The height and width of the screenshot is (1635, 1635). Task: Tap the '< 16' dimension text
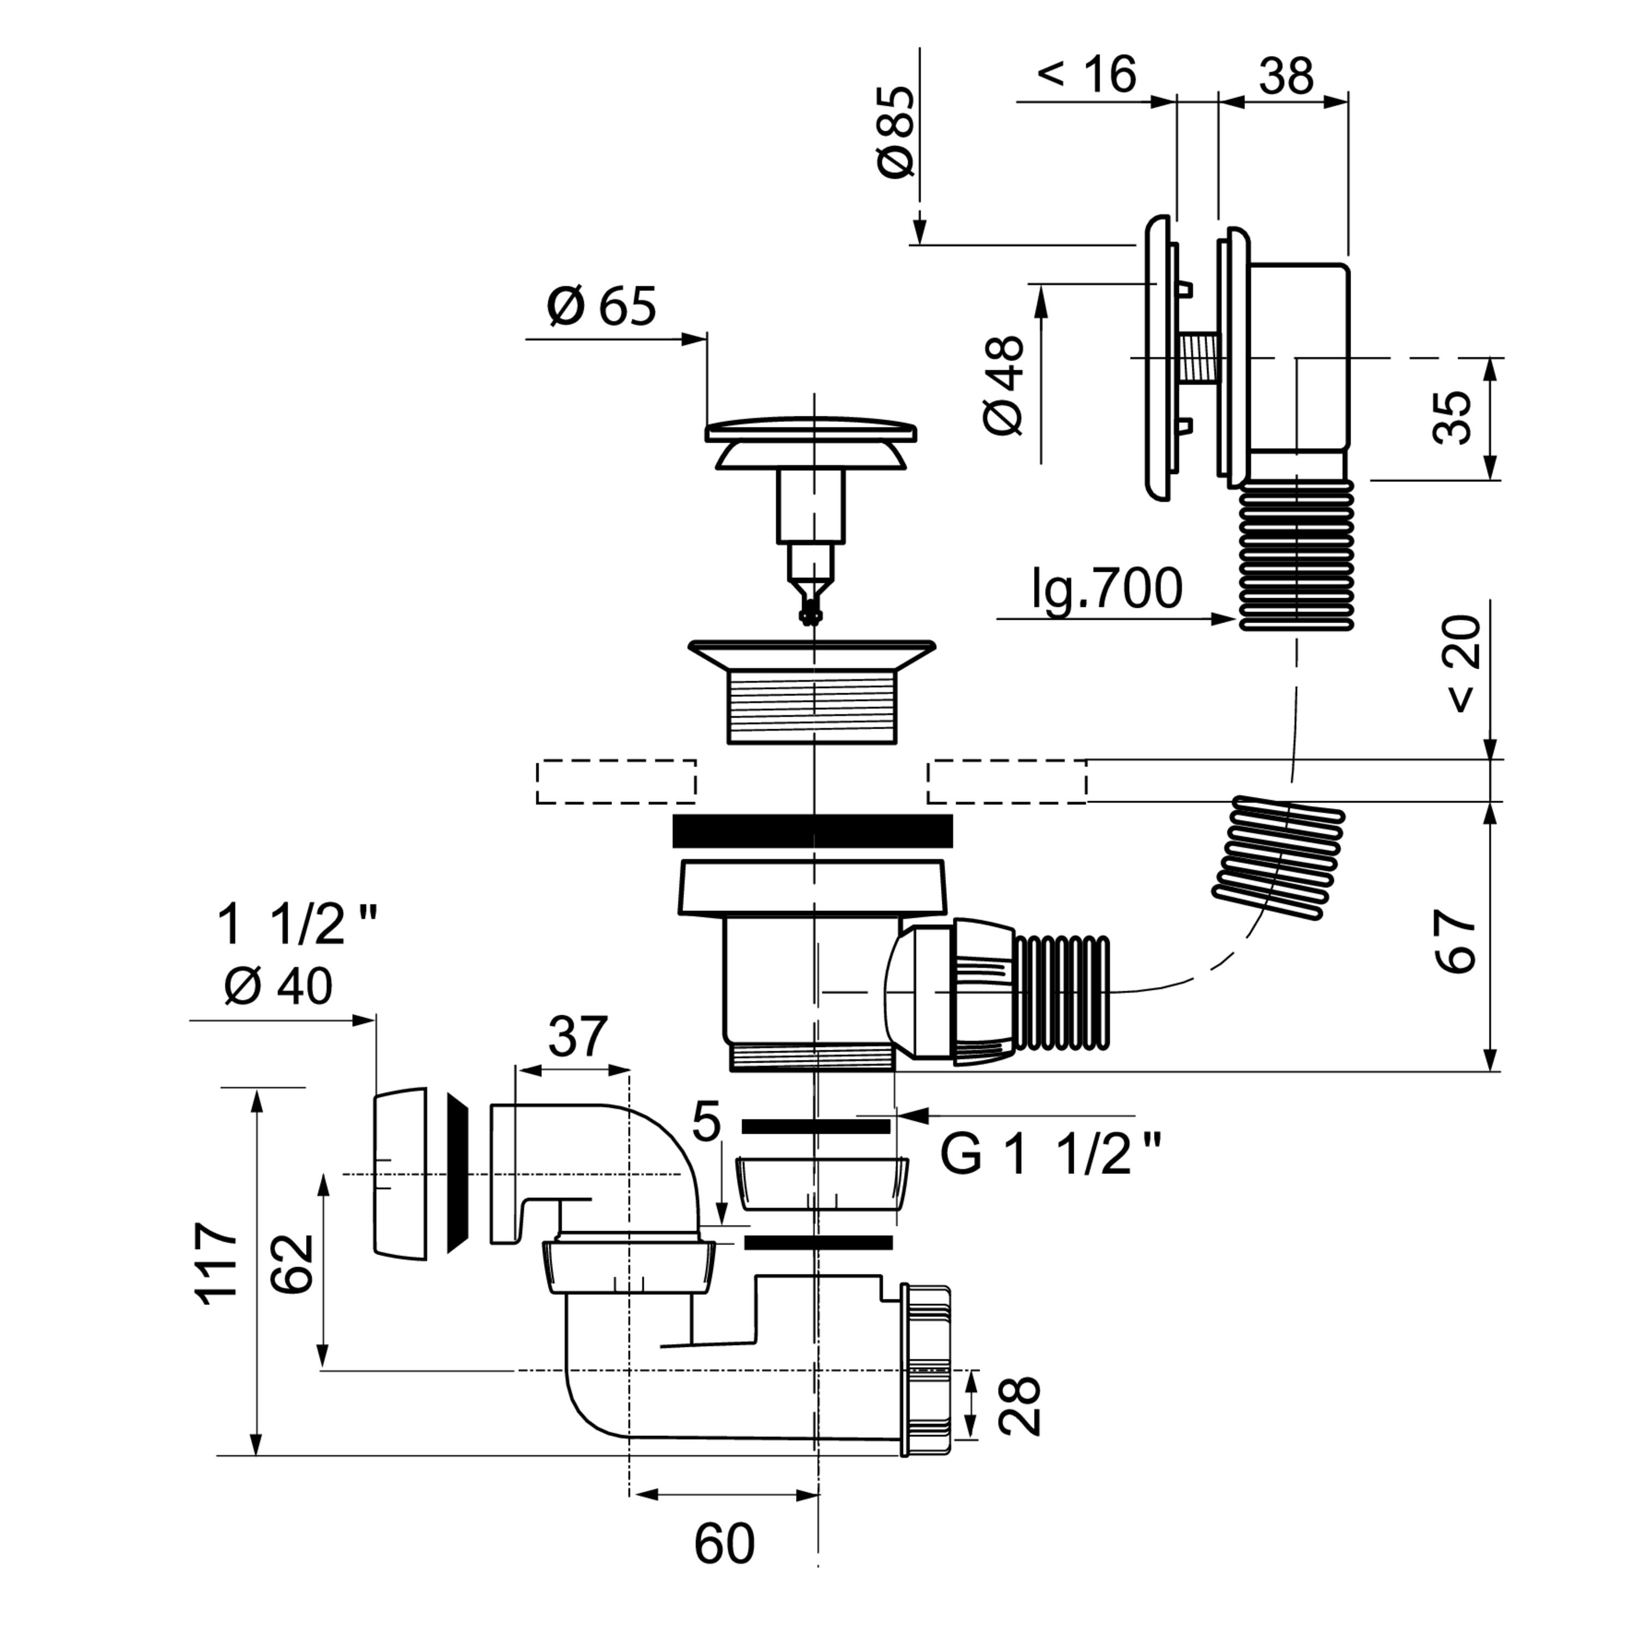(x=1087, y=75)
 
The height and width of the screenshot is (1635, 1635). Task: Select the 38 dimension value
(x=1286, y=76)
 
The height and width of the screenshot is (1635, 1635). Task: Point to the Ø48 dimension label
(x=1004, y=385)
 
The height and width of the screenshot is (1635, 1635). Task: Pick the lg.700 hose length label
(x=1107, y=589)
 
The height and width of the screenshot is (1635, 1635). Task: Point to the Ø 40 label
(x=278, y=986)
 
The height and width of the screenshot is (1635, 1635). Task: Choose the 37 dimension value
(x=578, y=1037)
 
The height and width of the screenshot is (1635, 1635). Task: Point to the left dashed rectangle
(x=616, y=781)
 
